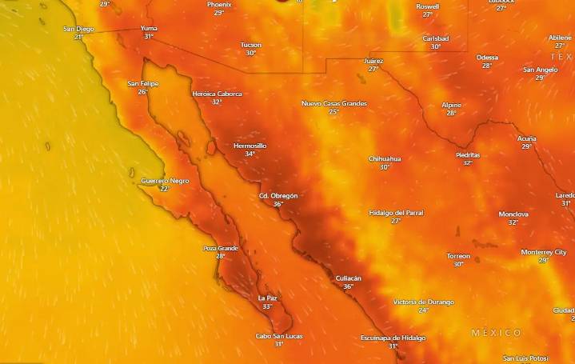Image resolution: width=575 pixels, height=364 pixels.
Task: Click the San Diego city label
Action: [x=78, y=29]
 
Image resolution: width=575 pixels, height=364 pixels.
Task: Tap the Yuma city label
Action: [x=148, y=28]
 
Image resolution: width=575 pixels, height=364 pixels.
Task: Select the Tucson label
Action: [x=250, y=45]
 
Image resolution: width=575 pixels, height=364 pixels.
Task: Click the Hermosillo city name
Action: [x=250, y=146]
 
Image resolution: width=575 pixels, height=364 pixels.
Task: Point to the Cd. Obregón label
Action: [x=278, y=196]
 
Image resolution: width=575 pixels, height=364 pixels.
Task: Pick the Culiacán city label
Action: [x=348, y=278]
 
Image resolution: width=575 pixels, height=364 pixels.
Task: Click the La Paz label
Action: [x=267, y=298]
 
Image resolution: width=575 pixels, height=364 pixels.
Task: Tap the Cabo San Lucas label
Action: [x=278, y=336]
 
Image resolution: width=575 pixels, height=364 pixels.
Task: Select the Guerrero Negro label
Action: [x=166, y=181]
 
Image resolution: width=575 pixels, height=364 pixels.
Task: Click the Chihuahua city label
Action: [x=385, y=158]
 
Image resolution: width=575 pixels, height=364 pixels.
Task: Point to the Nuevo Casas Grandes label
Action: [x=334, y=103]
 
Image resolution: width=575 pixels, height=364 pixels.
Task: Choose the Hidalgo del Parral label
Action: [x=396, y=213]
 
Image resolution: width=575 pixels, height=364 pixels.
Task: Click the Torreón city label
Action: [x=458, y=256]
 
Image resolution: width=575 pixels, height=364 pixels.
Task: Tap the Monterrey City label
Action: [x=543, y=252]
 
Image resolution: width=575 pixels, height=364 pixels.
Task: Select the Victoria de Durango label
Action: [x=423, y=302]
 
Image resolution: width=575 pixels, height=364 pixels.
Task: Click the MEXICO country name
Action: [x=496, y=333]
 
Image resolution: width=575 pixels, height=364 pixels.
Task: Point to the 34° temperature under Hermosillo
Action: [x=250, y=154]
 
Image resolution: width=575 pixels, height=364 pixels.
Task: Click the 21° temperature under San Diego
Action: [x=78, y=37]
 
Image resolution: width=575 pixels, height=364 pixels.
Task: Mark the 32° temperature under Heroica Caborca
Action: [x=217, y=102]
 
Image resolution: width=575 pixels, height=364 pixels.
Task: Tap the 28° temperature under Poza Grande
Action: [x=220, y=256]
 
